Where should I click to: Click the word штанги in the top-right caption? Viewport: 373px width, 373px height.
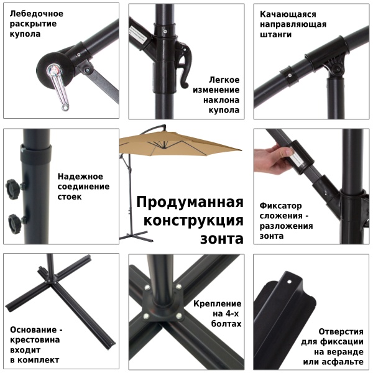pyautogui.click(x=276, y=35)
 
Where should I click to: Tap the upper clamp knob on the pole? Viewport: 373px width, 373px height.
pyautogui.click(x=12, y=186)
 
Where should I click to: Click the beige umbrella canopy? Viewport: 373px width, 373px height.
pyautogui.click(x=180, y=146)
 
